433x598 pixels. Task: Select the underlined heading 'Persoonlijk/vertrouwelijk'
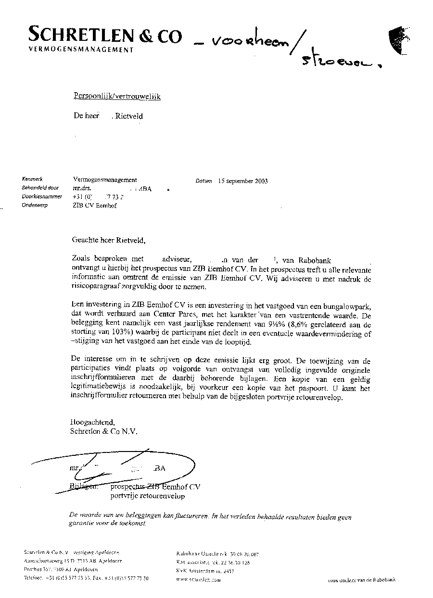pos(117,97)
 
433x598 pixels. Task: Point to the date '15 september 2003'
pos(242,181)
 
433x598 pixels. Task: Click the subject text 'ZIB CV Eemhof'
pos(95,206)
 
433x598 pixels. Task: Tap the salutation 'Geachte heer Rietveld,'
pos(108,239)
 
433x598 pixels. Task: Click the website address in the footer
pos(198,580)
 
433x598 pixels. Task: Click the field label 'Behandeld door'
pos(40,188)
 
